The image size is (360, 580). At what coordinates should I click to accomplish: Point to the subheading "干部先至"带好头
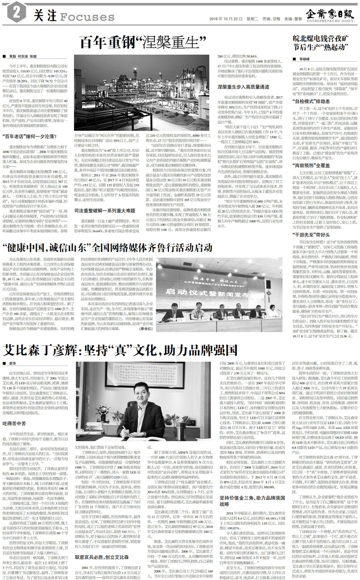307,219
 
